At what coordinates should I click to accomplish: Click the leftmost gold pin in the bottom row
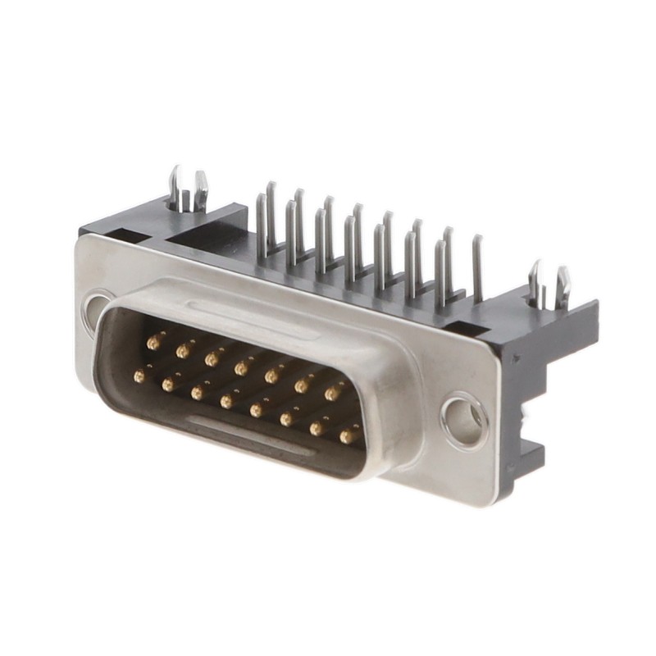(140, 376)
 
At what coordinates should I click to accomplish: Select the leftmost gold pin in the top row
(153, 339)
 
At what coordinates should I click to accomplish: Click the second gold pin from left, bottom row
(169, 384)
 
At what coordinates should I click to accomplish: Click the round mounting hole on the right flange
(465, 421)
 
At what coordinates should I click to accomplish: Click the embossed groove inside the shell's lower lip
(246, 434)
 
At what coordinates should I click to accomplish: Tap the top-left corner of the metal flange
(82, 239)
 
